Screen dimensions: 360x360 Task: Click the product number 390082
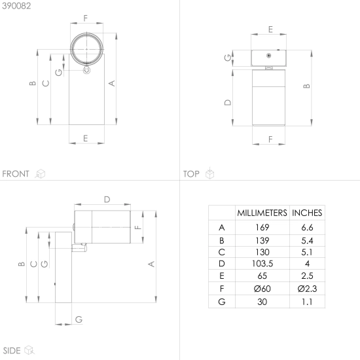pyautogui.click(x=16, y=6)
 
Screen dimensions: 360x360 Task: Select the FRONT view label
pyautogui.click(x=16, y=174)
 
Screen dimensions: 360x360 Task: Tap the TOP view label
pyautogui.click(x=191, y=174)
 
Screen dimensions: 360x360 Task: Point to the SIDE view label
pyautogui.click(x=12, y=351)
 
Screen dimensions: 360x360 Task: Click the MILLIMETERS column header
pyautogui.click(x=262, y=213)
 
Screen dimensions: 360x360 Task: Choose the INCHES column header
pyautogui.click(x=307, y=213)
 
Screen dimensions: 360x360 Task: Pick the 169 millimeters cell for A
pyautogui.click(x=262, y=228)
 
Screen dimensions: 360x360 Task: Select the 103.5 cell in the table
pyautogui.click(x=262, y=264)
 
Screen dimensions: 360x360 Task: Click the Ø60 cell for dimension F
pyautogui.click(x=262, y=289)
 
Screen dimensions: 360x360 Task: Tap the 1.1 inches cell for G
pyautogui.click(x=307, y=302)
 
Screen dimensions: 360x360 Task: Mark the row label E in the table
pyautogui.click(x=221, y=276)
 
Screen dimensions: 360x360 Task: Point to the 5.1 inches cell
pyautogui.click(x=307, y=252)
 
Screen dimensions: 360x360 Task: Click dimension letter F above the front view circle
pyautogui.click(x=85, y=18)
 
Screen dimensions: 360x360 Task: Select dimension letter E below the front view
pyautogui.click(x=85, y=138)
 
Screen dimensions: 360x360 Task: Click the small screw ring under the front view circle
pyautogui.click(x=86, y=70)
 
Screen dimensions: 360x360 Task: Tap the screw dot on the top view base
pyautogui.click(x=268, y=56)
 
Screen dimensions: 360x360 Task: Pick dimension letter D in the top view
pyautogui.click(x=228, y=102)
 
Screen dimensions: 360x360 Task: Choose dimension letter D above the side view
pyautogui.click(x=107, y=199)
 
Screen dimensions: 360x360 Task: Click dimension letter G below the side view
pyautogui.click(x=79, y=319)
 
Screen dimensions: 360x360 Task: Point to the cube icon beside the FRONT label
pyautogui.click(x=41, y=174)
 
